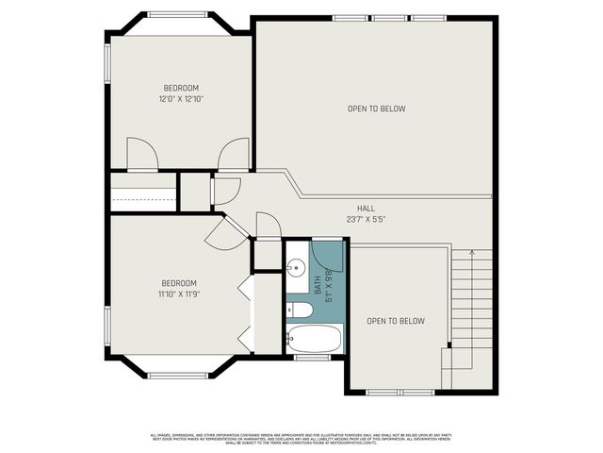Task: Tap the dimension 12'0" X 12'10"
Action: tap(181, 98)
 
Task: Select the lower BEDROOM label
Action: tap(178, 283)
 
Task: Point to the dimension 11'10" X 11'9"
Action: tap(179, 294)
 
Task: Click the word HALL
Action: tap(367, 209)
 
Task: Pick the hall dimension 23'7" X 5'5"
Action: tap(367, 219)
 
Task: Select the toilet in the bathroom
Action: tap(301, 310)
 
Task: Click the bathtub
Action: tap(315, 339)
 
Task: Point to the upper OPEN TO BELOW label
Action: tap(376, 109)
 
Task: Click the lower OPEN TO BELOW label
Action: tap(396, 321)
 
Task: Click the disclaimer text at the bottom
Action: tap(301, 438)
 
